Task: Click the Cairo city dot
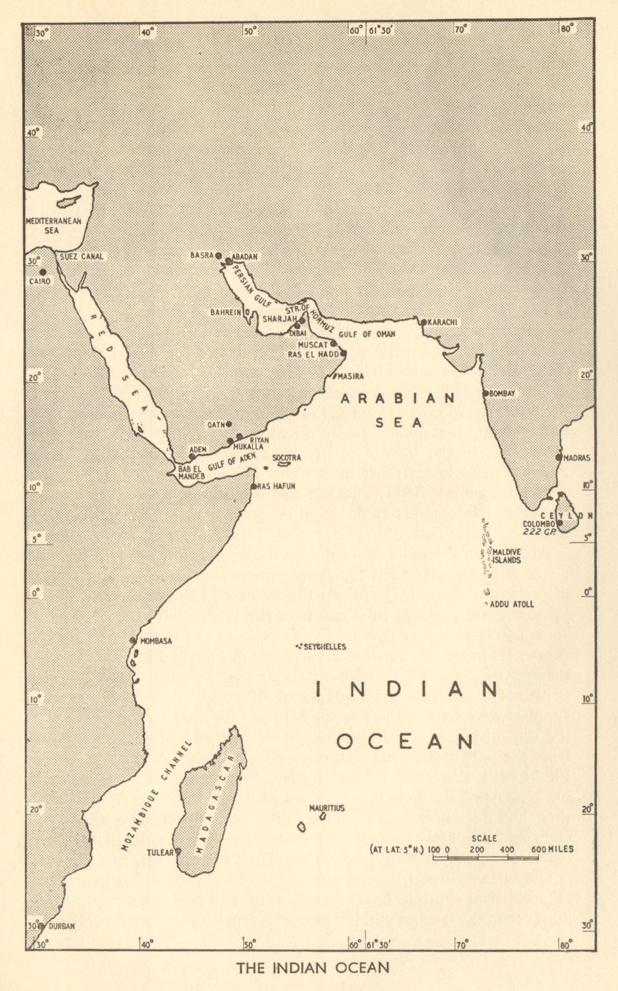click(43, 271)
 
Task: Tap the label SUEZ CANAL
click(81, 256)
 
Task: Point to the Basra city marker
click(219, 255)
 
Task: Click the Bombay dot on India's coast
click(485, 393)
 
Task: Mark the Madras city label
click(576, 458)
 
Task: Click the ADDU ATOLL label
click(511, 604)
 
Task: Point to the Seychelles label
click(324, 647)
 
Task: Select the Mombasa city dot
click(133, 640)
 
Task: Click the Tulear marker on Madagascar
click(178, 851)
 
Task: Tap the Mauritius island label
click(327, 808)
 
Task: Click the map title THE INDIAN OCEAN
click(313, 967)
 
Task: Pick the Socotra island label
click(287, 458)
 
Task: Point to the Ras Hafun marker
click(254, 487)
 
